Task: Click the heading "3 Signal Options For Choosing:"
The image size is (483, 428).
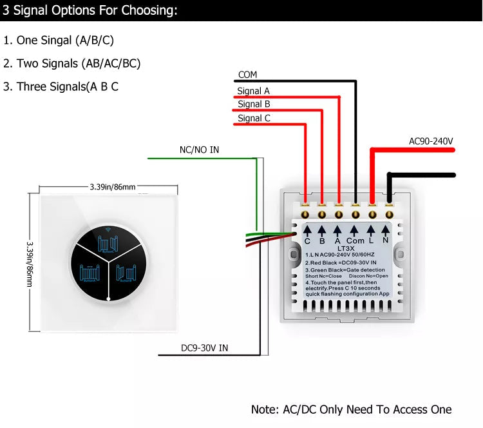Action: pyautogui.click(x=90, y=11)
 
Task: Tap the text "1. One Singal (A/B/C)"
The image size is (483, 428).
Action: pyautogui.click(x=59, y=40)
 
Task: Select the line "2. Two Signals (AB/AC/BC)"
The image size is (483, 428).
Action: pyautogui.click(x=71, y=63)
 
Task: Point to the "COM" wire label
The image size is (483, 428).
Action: pyautogui.click(x=248, y=75)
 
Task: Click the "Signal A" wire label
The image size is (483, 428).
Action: pyautogui.click(x=253, y=91)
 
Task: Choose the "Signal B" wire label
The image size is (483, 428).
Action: pyautogui.click(x=254, y=104)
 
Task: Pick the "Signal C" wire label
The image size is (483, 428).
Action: pyautogui.click(x=254, y=118)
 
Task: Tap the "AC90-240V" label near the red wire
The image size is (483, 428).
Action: pyautogui.click(x=431, y=141)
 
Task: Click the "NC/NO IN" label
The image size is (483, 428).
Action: pyautogui.click(x=199, y=150)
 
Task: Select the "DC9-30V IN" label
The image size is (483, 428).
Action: pyautogui.click(x=204, y=348)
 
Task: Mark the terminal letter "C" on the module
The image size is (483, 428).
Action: pyautogui.click(x=307, y=240)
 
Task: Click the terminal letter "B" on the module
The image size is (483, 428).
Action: pyautogui.click(x=321, y=240)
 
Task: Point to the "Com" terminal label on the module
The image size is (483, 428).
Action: pyautogui.click(x=355, y=240)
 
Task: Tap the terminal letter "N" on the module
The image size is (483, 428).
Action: pyautogui.click(x=386, y=240)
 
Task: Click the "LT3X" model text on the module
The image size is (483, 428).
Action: pyautogui.click(x=347, y=248)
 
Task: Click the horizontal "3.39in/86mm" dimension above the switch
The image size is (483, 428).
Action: pyautogui.click(x=112, y=187)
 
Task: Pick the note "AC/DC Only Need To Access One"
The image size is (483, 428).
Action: pyautogui.click(x=351, y=409)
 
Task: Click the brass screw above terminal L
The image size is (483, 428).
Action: pyautogui.click(x=372, y=213)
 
